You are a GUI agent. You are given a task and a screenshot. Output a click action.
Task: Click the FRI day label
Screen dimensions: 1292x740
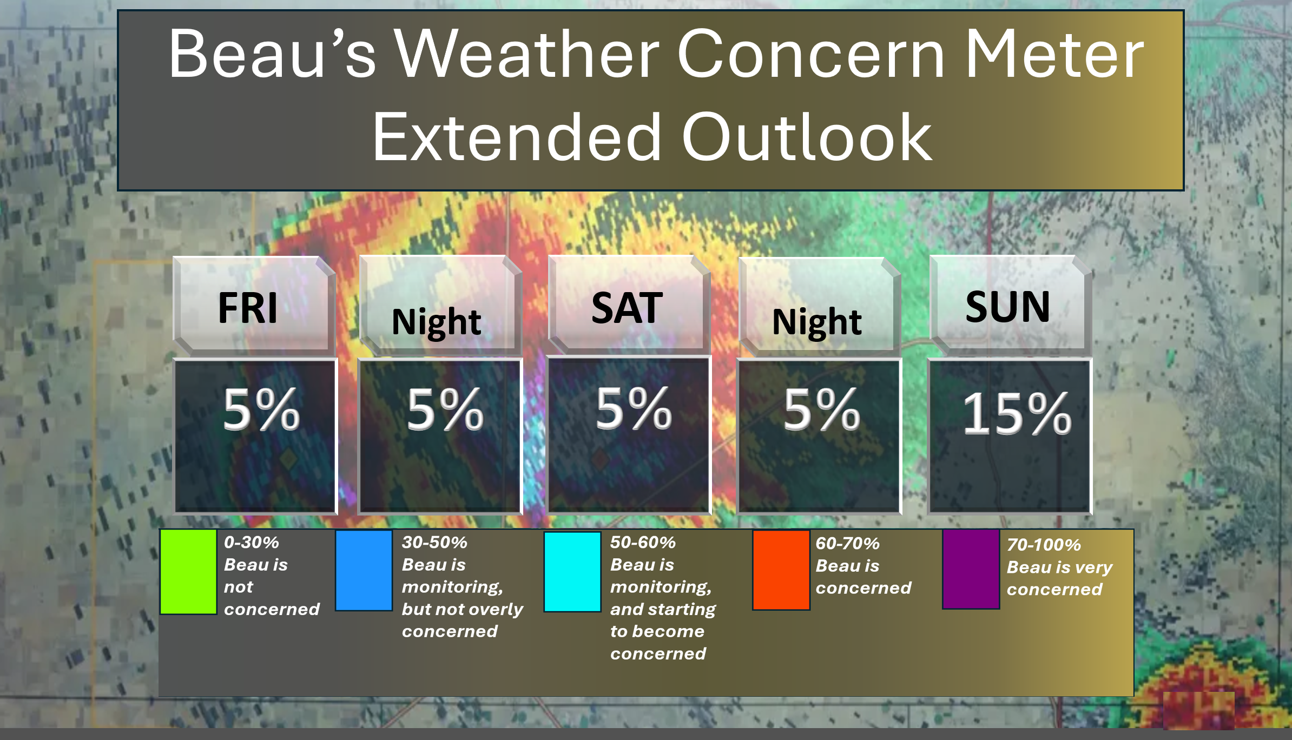(x=248, y=307)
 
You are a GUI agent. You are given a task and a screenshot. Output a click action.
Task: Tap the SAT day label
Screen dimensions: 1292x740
(x=627, y=307)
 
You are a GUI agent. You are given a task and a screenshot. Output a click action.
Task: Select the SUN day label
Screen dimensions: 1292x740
(x=1007, y=306)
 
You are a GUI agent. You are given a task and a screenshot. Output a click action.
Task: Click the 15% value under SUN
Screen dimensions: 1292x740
(x=1017, y=413)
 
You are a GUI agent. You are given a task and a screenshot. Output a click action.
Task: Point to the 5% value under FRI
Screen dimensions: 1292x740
(x=261, y=409)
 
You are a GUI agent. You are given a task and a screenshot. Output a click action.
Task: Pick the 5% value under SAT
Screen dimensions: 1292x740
(x=634, y=409)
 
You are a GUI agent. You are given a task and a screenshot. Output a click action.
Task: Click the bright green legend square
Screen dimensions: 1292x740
(x=188, y=572)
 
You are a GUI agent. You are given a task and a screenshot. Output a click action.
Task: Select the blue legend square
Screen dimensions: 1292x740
(x=364, y=570)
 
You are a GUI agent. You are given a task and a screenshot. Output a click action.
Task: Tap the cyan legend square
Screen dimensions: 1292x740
(x=572, y=572)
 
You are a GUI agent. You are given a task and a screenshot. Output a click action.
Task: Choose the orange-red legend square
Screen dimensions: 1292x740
(x=781, y=570)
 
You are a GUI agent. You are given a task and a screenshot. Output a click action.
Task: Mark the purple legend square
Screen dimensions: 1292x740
(x=971, y=569)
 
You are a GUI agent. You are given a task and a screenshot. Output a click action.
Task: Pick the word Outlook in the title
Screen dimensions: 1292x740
(x=807, y=137)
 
